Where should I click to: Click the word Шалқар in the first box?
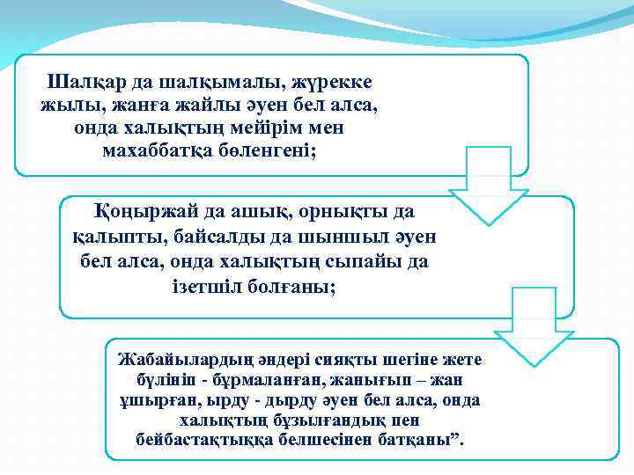click(x=85, y=82)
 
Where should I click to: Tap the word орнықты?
click(x=328, y=212)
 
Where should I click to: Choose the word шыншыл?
click(x=367, y=237)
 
